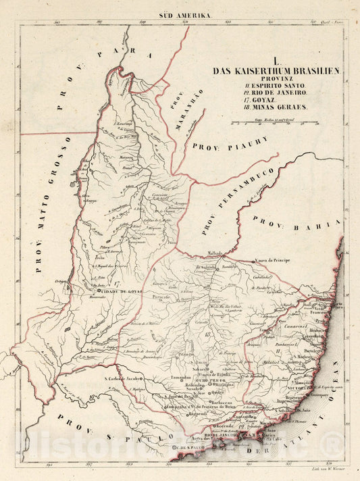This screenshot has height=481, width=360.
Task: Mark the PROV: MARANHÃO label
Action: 177,101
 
